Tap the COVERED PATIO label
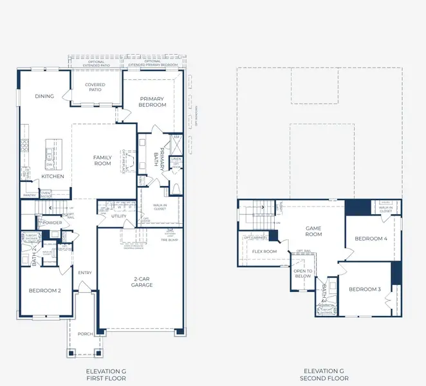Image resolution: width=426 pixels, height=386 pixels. [x=95, y=88]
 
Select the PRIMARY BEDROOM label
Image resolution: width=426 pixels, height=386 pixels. [x=152, y=102]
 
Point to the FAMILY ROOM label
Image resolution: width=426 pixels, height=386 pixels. [x=102, y=160]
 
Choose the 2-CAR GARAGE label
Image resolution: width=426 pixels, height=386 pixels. [x=142, y=282]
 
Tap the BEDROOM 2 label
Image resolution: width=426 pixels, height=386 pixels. [x=45, y=290]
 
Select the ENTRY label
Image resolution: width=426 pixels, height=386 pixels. [x=85, y=273]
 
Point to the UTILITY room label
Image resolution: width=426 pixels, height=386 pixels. [x=118, y=217]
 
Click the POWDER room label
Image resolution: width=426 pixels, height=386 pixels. [x=52, y=223]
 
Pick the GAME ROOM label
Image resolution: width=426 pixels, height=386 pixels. [x=313, y=231]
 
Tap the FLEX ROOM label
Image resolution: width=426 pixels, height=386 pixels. [x=264, y=252]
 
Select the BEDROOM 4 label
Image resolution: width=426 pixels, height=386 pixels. [x=371, y=239]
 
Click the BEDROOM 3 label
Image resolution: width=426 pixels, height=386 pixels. [x=366, y=289]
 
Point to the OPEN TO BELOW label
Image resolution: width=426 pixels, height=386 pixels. [x=302, y=274]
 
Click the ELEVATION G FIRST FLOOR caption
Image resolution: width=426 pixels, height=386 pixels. [x=106, y=374]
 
